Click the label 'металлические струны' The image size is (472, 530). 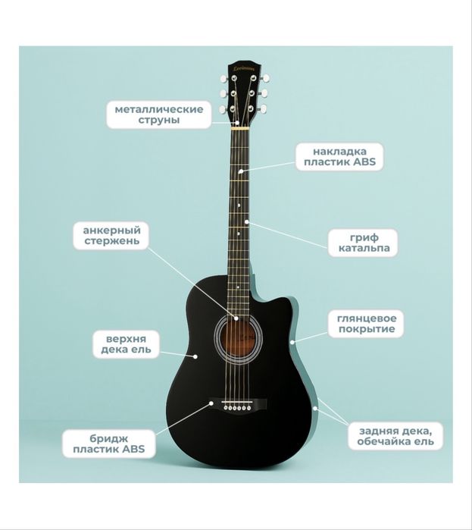159,114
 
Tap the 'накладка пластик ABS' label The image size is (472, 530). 339,156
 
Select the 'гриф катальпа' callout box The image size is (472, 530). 363,243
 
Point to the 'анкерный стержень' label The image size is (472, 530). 111,236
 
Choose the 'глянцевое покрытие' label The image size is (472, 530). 367,324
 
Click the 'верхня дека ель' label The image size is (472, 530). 126,344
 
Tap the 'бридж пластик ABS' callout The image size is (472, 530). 108,444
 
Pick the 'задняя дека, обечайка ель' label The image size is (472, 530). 395,436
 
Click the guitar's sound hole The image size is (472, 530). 239,337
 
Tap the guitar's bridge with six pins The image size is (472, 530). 238,405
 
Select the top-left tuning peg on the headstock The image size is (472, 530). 224,79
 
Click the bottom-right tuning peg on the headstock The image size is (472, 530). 263,109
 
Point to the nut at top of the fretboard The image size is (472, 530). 240,128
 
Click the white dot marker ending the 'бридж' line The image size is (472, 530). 211,403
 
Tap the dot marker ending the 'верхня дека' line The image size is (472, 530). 195,356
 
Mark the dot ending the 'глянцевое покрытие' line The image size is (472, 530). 292,342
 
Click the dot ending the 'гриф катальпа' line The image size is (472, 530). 247,221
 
